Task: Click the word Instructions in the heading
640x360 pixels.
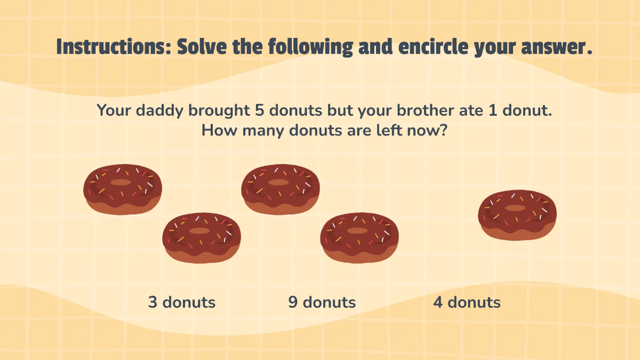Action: coord(114,46)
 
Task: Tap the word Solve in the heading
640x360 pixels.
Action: coord(202,46)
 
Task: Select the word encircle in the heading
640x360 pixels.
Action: coord(433,46)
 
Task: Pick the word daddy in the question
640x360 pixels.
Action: coord(159,111)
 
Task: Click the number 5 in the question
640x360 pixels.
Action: coord(259,110)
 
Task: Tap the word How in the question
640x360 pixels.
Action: coord(219,131)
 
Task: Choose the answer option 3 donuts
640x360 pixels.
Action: coord(182,302)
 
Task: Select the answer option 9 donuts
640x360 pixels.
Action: coord(322,302)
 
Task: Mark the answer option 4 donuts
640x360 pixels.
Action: coord(467,302)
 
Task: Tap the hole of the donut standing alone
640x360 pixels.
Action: coord(515,208)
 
